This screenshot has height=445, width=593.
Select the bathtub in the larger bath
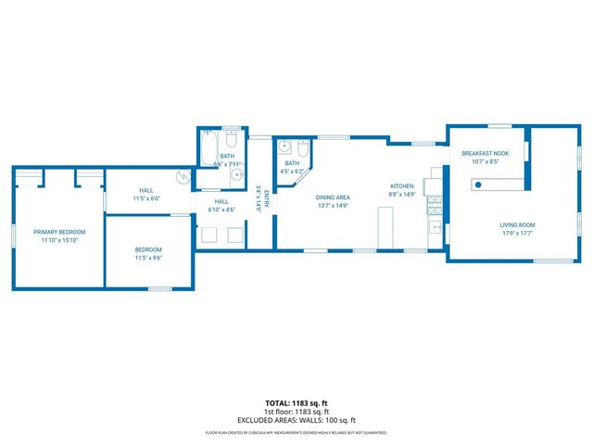208,146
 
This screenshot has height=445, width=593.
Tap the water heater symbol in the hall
183,177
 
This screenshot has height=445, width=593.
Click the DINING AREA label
333,197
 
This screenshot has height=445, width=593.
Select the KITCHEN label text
401,186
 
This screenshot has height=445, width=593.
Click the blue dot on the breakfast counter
477,186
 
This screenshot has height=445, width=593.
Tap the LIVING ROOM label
517,224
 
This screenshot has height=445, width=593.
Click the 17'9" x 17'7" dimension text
517,234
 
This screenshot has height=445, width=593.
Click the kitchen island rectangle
386,227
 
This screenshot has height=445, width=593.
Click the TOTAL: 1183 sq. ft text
296,403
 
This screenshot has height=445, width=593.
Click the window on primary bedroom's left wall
14,235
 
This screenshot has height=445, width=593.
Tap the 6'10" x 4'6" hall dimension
222,210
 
